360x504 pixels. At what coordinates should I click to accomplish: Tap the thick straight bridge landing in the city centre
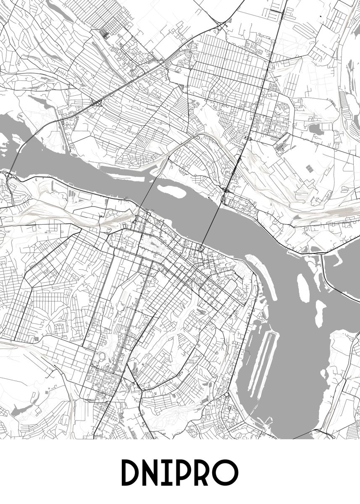click(x=212, y=223)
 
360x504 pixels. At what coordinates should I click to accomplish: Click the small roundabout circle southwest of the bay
click(x=228, y=395)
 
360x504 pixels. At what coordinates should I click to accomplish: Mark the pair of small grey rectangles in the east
click(x=309, y=169)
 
